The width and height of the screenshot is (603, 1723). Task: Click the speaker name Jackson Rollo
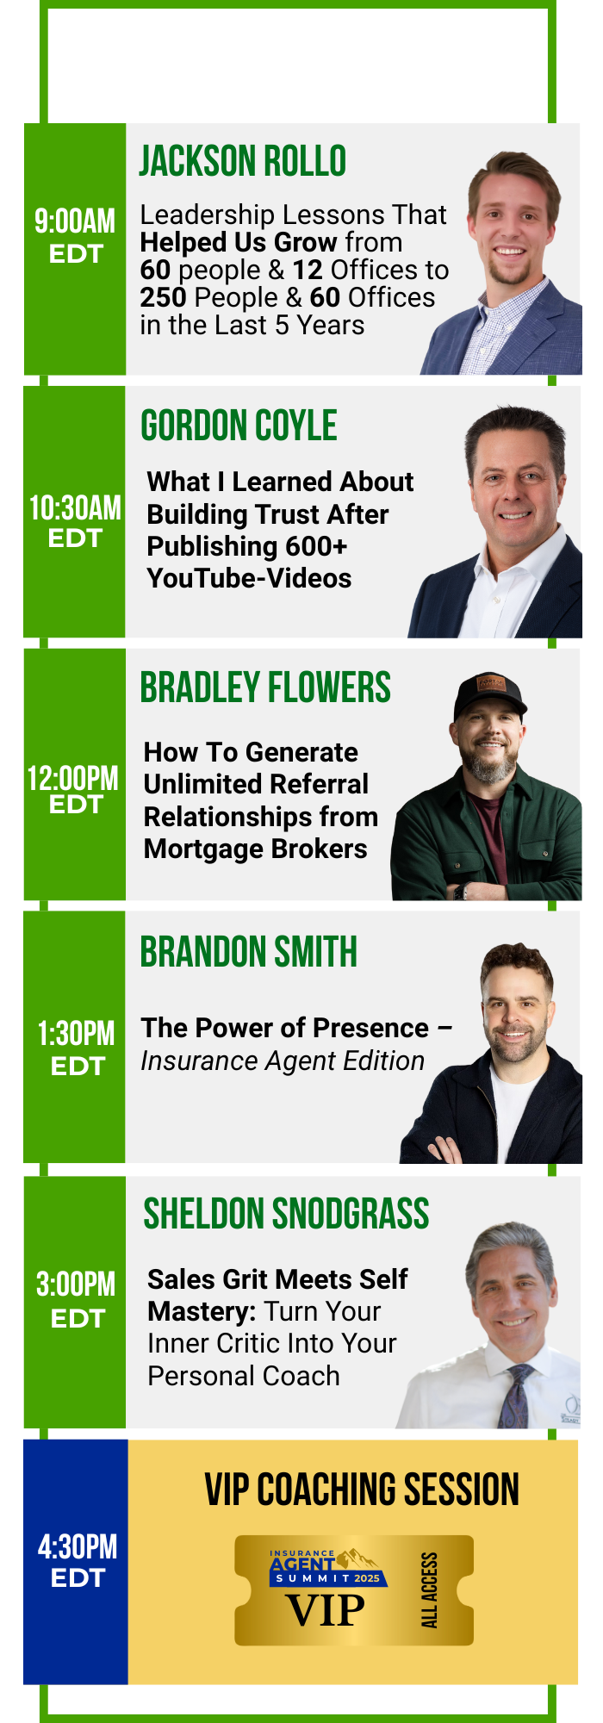(x=243, y=161)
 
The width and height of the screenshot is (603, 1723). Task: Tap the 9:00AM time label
(x=75, y=221)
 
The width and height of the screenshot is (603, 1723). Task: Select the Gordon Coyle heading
(x=239, y=426)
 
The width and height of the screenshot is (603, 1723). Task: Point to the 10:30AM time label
(x=76, y=508)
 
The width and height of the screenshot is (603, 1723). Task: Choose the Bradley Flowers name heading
(x=265, y=687)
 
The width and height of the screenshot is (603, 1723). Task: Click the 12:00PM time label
(x=73, y=779)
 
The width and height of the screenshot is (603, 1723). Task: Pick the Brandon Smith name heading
(x=249, y=952)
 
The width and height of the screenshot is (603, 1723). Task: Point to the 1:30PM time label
(x=76, y=1034)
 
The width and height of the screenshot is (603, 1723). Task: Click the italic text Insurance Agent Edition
(x=283, y=1061)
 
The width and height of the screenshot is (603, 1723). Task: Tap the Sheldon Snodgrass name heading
(x=286, y=1214)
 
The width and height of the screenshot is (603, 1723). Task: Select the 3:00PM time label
(x=76, y=1284)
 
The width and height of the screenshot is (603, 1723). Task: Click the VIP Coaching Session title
(x=362, y=1490)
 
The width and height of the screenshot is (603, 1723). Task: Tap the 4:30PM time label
(x=78, y=1547)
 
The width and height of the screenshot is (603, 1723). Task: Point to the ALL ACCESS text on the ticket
(x=429, y=1590)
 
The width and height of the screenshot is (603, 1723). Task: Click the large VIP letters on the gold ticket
(x=326, y=1610)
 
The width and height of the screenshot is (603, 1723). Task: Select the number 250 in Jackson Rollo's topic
(x=163, y=297)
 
